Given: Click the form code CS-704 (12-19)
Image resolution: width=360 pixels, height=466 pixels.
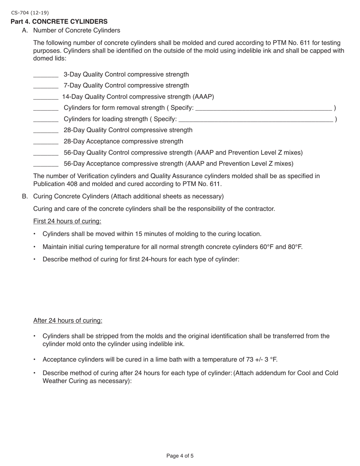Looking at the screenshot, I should [x=30, y=13].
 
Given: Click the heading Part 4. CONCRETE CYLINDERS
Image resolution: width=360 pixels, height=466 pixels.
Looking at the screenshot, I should [x=59, y=22].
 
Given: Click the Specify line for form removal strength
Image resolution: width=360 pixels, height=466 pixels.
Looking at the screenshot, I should [x=264, y=109].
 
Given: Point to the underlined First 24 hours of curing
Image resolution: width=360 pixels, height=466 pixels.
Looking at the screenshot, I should [x=67, y=221].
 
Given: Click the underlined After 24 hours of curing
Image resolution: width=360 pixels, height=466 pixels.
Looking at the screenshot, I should [x=67, y=321].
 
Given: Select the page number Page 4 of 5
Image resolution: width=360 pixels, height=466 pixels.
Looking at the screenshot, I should [x=180, y=456].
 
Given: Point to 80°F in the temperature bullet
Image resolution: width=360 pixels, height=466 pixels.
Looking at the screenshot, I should [x=295, y=247].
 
